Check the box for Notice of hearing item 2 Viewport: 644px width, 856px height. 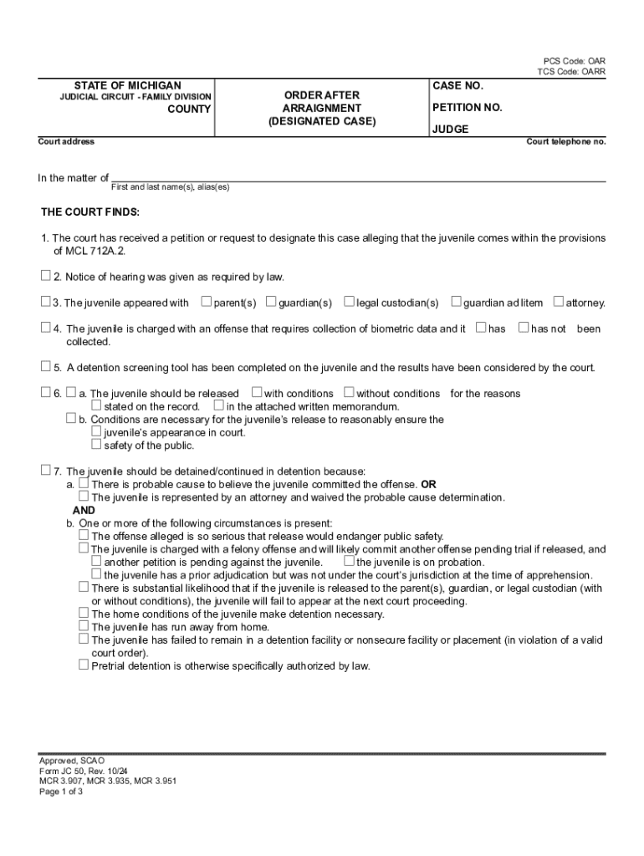pos(46,276)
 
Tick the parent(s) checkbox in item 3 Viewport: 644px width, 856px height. pos(207,302)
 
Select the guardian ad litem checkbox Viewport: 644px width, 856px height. pos(456,302)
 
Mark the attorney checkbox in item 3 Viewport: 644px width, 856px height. pos(559,302)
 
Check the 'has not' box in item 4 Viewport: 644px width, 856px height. pos(524,328)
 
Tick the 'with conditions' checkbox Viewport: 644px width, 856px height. pos(257,392)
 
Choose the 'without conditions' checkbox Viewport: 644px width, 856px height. pos(349,392)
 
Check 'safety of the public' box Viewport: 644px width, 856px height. pos(96,445)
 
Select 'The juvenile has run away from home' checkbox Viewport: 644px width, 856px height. pos(84,625)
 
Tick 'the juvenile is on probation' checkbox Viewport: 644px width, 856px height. pos(349,562)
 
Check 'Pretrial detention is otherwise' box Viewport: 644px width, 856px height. pos(84,665)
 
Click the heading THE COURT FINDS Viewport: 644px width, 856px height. pos(91,212)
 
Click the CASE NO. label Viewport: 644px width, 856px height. pos(457,86)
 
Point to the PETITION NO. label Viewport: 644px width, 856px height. pos(467,108)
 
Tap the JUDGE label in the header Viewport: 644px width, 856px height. pos(450,130)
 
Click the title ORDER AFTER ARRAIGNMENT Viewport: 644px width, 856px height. pos(322,102)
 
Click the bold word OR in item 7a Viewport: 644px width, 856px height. pos(428,484)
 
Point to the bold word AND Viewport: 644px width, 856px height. pos(84,510)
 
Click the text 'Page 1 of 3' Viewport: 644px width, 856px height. pos(61,792)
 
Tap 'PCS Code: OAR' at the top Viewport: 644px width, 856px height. pos(575,61)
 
